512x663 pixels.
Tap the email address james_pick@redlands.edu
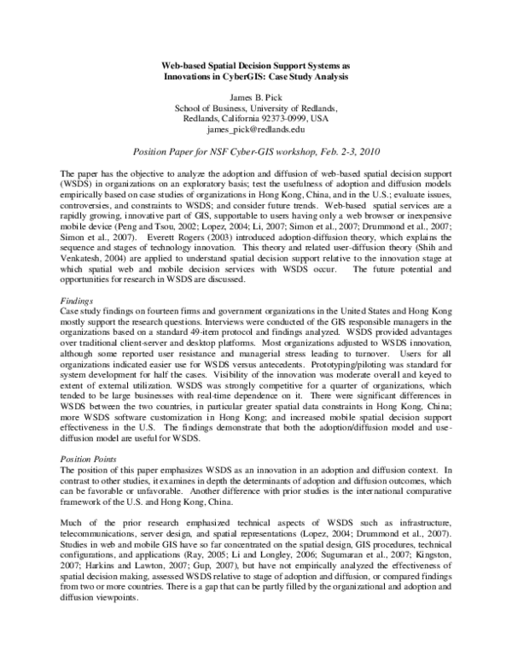click(255, 130)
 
